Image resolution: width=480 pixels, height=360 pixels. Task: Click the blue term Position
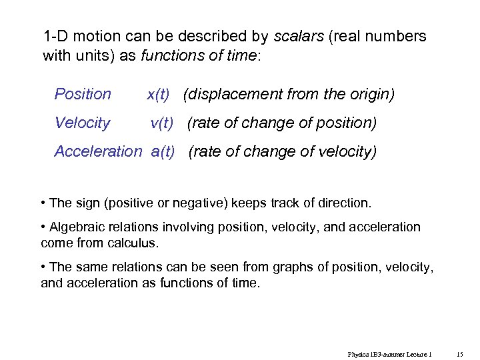pos(83,94)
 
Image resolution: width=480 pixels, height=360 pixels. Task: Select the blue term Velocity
pos(82,123)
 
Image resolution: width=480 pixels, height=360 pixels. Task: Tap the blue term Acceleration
pos(98,151)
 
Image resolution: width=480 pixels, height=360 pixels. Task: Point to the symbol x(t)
pos(158,94)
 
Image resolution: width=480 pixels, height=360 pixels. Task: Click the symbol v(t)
pos(162,123)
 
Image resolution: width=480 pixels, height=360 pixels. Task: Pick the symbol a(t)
pos(163,151)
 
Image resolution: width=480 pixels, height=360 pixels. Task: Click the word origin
pos(370,94)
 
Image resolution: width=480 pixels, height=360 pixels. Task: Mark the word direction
pos(343,203)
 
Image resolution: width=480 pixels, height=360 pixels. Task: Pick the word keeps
pos(245,203)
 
